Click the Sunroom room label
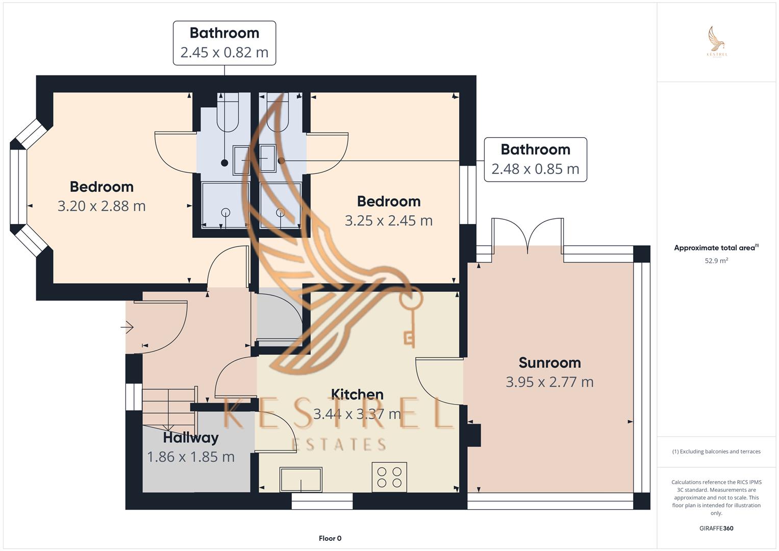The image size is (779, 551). pos(550,363)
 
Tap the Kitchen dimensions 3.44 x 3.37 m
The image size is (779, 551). pos(357,414)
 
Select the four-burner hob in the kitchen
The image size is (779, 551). pos(390,477)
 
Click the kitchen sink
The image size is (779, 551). pos(301,480)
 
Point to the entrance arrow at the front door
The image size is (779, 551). pos(128,327)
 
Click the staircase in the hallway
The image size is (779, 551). pos(169,411)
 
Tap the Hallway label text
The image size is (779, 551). pos(191,438)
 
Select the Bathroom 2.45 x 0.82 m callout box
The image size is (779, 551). pos(224,43)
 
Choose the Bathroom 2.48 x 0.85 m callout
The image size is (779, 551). pos(536,160)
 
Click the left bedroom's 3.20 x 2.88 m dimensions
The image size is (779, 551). pos(102,206)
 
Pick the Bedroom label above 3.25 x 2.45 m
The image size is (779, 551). pos(389,202)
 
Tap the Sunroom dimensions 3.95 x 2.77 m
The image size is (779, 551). pos(550,382)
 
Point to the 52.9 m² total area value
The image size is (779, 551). pos(716,261)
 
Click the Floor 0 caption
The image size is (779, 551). pos(330,538)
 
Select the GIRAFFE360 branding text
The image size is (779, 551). pos(716,528)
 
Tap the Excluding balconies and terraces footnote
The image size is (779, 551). pos(716,452)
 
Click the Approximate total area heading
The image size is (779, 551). pos(716,247)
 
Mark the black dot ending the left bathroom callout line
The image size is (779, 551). pos(224,162)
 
